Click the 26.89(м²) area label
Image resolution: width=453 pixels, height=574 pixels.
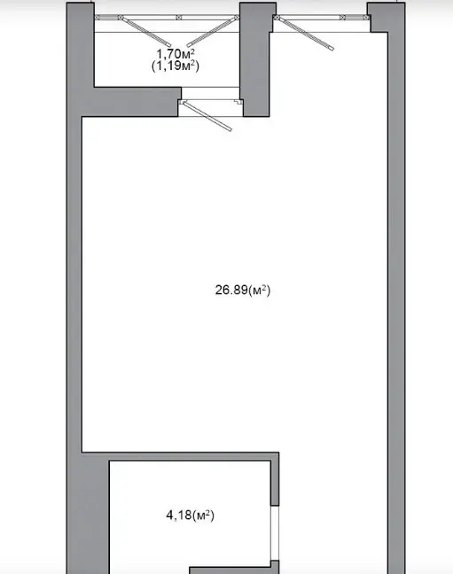pos(243,291)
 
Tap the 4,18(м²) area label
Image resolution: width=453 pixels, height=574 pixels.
pos(191,516)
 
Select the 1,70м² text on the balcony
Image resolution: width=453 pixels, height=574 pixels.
pos(176,54)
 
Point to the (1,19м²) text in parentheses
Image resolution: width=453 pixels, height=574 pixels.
pos(176,66)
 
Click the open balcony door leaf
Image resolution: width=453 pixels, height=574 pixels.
pos(207,116)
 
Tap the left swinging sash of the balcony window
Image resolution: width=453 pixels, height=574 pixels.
pos(146,32)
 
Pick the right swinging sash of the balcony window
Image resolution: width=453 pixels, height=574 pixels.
pos(213,32)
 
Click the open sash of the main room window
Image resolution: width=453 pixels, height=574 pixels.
pos(305,34)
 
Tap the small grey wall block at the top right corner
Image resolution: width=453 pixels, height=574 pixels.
pos(379,17)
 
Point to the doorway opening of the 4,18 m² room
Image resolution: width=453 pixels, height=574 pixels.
pos(275,532)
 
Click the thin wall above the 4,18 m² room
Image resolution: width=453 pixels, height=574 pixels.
pos(180,456)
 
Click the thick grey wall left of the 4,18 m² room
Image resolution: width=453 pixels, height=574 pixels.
pos(88,513)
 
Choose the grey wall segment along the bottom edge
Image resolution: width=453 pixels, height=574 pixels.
pos(234,570)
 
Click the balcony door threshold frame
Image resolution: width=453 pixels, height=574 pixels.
pos(211,102)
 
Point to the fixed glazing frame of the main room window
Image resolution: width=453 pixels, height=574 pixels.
pos(322,17)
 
